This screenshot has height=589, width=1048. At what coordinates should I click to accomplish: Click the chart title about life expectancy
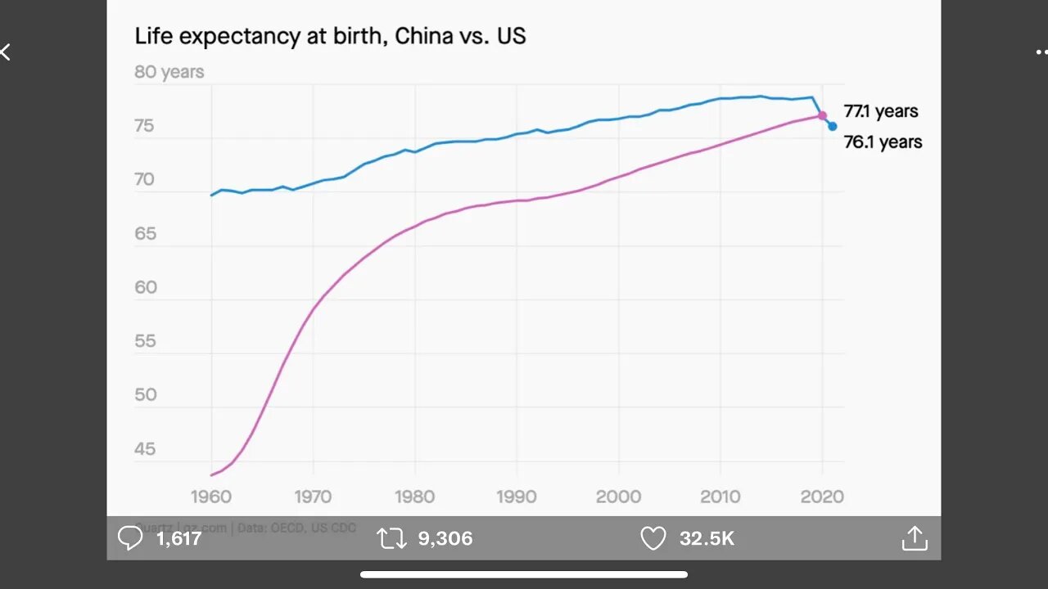[x=330, y=36]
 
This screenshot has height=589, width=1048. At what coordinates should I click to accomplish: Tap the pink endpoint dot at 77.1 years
[x=822, y=116]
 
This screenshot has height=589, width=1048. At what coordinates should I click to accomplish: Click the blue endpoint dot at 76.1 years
[x=832, y=126]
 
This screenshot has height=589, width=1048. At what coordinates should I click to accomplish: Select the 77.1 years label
[x=881, y=111]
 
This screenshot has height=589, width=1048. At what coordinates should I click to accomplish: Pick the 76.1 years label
[x=883, y=142]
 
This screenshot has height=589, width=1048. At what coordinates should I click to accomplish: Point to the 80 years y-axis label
[x=169, y=72]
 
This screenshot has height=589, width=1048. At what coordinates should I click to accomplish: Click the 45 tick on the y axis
[x=145, y=448]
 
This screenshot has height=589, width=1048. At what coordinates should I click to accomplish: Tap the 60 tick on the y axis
[x=145, y=287]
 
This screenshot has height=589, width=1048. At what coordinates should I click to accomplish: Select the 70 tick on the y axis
[x=145, y=179]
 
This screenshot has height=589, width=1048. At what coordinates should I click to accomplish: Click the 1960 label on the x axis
[x=211, y=496]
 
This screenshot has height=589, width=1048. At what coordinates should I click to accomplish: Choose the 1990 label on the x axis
[x=517, y=496]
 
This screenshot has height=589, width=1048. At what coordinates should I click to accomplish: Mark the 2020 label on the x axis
[x=822, y=496]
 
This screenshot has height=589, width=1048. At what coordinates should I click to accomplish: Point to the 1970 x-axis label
[x=313, y=496]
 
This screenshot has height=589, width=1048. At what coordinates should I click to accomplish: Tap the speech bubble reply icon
[x=130, y=538]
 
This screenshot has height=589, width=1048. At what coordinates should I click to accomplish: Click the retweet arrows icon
[x=391, y=538]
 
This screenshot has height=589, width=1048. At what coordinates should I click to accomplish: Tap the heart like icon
[x=653, y=538]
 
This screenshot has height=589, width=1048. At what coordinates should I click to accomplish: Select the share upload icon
[x=914, y=538]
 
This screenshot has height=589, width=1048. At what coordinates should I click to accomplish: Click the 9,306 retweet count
[x=445, y=538]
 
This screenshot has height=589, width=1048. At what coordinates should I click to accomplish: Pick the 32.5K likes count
[x=707, y=538]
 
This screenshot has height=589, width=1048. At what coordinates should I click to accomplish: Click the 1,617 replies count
[x=178, y=538]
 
